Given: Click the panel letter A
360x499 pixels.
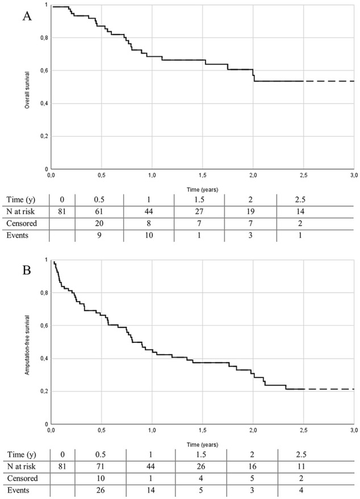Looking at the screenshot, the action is coord(27,16).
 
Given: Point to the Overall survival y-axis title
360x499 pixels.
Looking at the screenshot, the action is coord(27,90).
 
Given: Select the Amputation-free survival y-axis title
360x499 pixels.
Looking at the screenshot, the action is coord(27,345).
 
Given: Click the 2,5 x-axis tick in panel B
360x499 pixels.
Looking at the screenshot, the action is coord(303,430).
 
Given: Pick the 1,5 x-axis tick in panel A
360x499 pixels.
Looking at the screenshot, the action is coord(203,175).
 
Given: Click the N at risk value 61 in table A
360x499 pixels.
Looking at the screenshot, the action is coord(99,212).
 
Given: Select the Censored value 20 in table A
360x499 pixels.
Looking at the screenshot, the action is coord(99,224).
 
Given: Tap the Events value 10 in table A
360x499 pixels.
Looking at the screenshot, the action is coord(149,235).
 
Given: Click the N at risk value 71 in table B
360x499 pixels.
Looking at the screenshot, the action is coord(100,467).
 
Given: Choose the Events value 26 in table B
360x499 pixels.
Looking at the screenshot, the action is coord(100,490).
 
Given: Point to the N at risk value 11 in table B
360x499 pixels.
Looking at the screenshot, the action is coord(301,467).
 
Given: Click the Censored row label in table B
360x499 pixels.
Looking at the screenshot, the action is coord(22,479).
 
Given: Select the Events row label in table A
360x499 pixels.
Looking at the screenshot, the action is coord(18,235).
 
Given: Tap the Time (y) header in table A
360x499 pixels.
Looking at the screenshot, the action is coord(21,200).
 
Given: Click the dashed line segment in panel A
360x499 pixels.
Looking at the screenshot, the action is coord(329,81).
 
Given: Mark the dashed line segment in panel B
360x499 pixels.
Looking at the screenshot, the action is coord(329,389).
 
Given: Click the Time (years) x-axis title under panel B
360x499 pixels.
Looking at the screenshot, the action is coord(203,445).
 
